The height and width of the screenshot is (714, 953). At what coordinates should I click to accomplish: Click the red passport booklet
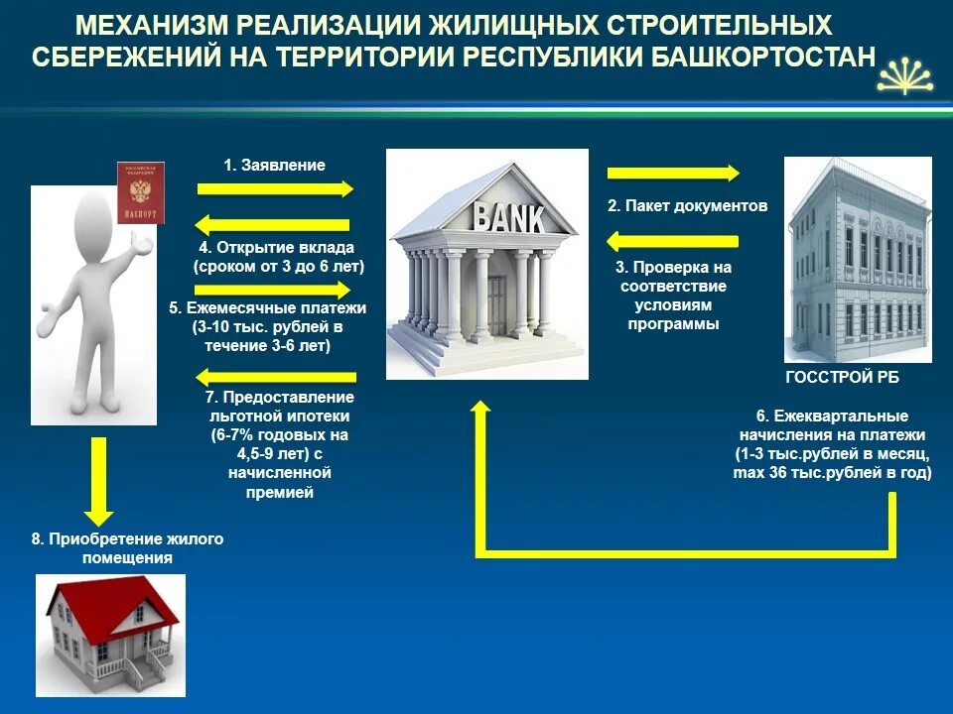point(140,192)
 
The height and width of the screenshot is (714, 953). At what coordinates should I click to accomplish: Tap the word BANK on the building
point(509,216)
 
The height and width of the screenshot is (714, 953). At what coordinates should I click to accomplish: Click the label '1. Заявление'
point(274,166)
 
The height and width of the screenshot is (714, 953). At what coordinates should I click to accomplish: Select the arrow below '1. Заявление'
point(275,188)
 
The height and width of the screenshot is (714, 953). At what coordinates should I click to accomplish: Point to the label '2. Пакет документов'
point(687,206)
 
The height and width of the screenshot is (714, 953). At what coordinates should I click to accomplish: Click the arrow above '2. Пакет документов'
point(673,174)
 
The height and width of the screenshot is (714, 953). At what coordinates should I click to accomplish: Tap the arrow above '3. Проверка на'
point(672,241)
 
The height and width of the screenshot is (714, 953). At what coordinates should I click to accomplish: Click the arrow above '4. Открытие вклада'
point(273,225)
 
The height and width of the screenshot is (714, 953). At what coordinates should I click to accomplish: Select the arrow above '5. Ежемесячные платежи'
point(275,290)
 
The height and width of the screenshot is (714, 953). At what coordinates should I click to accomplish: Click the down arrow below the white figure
point(97,481)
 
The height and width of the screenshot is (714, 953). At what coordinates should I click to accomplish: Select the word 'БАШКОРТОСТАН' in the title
point(763,56)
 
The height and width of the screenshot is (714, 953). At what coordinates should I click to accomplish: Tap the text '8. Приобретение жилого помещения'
point(127,548)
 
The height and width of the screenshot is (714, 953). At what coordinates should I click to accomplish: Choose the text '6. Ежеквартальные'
point(832,416)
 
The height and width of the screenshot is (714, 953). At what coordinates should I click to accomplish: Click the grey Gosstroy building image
point(858,260)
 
